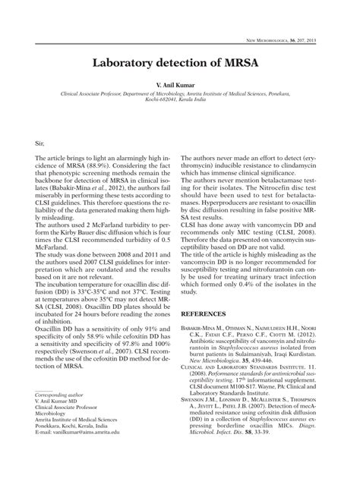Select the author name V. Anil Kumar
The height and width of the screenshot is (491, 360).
click(x=180, y=87)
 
